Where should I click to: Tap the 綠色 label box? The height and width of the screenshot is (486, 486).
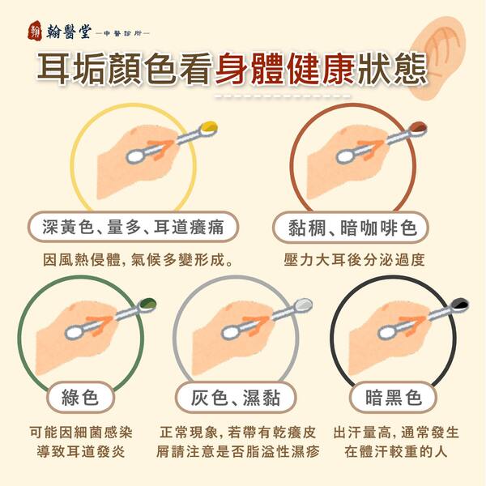[80, 397]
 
